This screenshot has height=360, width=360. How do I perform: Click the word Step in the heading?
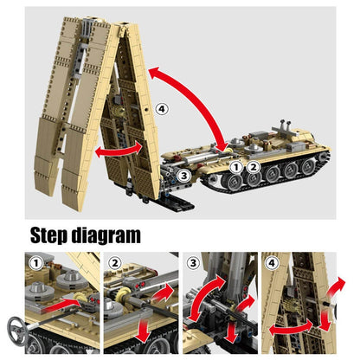(48, 235)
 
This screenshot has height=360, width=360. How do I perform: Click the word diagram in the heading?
(106, 236)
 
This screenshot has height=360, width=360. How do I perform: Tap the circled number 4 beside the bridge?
(162, 109)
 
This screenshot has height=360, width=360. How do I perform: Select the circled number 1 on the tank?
(236, 167)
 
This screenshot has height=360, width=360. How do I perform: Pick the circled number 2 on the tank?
(254, 167)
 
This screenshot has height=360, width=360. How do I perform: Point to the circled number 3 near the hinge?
(183, 176)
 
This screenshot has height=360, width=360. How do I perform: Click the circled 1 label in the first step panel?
(36, 263)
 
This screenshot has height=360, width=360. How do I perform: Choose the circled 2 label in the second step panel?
(115, 263)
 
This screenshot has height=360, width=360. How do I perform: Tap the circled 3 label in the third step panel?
(193, 263)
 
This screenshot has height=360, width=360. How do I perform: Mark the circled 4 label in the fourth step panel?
(272, 263)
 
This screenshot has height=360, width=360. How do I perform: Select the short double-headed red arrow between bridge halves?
(119, 150)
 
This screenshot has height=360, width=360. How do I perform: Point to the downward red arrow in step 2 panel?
(144, 331)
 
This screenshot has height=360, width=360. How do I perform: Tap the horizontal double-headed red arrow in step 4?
(291, 328)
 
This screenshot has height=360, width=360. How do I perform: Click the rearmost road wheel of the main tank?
(307, 167)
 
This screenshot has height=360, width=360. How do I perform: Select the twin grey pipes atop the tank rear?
(286, 125)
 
